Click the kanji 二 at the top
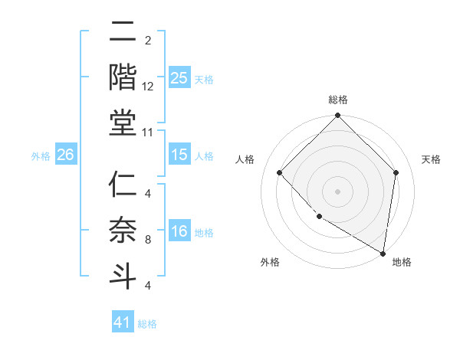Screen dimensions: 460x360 pos(122,32)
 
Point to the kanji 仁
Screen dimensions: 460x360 pos(122,186)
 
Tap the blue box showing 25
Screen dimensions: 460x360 pos(179,78)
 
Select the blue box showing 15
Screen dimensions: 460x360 pos(179,155)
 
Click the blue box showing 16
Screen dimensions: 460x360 pos(179,231)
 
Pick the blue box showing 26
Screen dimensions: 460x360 pos(65,155)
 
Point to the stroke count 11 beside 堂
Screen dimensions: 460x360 pos(148,133)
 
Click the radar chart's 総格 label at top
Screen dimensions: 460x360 pos(337,100)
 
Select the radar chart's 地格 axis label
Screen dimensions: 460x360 pos(402,263)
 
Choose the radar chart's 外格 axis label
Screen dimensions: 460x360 pos(270,263)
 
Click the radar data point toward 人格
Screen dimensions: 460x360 pos(280,172)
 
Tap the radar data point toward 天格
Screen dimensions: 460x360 pos(396,172)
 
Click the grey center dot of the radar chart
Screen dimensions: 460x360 pos(337,191)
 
